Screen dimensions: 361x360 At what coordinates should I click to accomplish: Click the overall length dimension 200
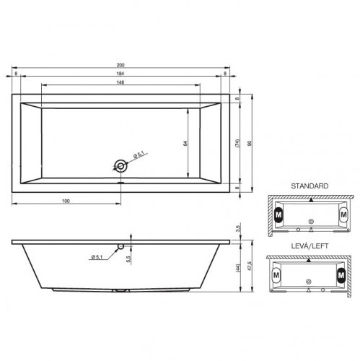[x=121, y=65]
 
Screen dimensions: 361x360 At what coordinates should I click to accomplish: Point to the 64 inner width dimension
[x=185, y=144]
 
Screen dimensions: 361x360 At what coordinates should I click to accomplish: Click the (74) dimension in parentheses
[x=237, y=144]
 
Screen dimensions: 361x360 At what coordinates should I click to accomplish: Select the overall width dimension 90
[x=250, y=144]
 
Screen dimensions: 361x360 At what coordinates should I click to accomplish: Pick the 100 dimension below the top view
[x=66, y=199]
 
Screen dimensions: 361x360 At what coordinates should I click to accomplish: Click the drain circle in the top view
[x=121, y=165]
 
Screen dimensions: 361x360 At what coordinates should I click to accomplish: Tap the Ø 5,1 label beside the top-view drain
[x=139, y=154]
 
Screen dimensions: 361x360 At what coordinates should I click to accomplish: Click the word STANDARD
[x=310, y=186]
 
